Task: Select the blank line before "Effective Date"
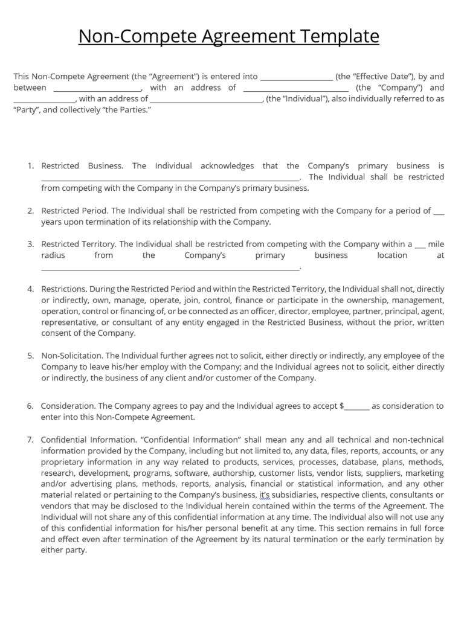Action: (x=295, y=77)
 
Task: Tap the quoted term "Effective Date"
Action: (x=375, y=77)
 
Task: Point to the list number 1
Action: (x=30, y=166)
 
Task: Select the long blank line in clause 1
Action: (x=170, y=178)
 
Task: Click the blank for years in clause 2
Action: (x=439, y=211)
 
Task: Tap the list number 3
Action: (x=30, y=245)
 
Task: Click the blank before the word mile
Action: (x=420, y=245)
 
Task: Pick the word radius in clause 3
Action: (x=53, y=255)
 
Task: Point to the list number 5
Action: (x=30, y=356)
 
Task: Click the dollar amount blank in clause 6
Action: (x=356, y=407)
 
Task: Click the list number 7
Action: (x=30, y=440)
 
